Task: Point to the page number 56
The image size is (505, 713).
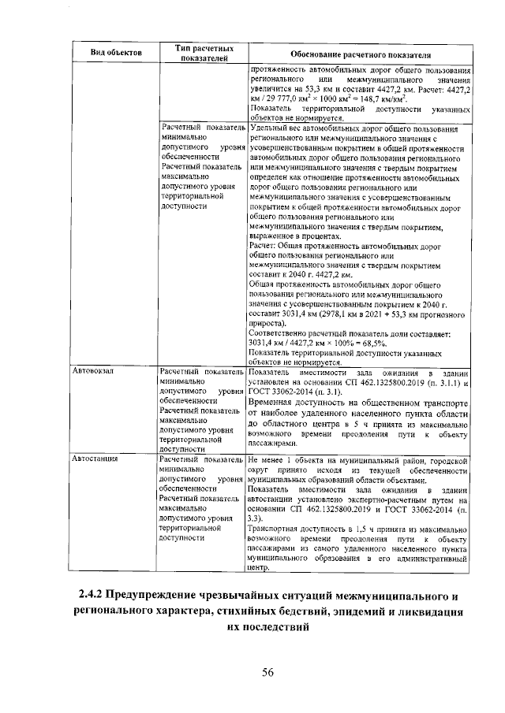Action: click(x=267, y=671)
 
